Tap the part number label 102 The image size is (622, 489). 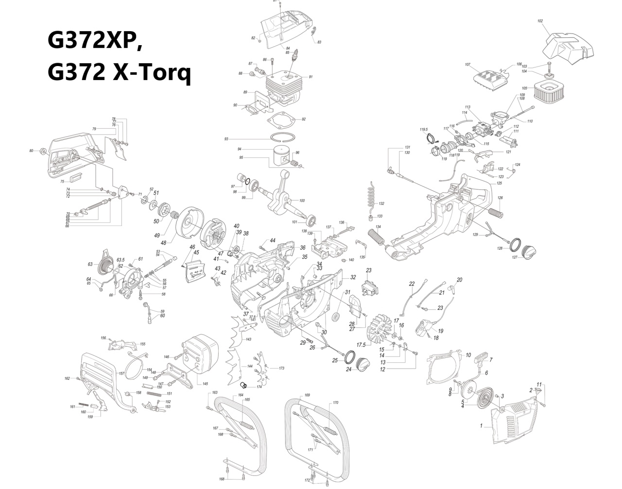[540, 21]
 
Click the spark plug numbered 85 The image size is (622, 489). [294, 60]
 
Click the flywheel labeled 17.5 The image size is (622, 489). [381, 330]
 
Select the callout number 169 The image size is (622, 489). [307, 395]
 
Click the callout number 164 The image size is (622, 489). [241, 395]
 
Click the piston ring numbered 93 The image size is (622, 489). [282, 137]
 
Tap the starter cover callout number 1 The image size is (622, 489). [481, 426]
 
